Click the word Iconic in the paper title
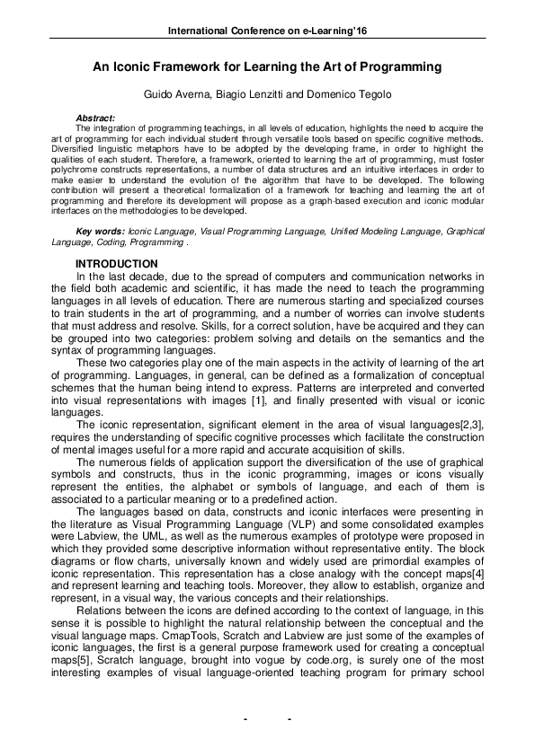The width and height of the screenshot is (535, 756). [143, 66]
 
